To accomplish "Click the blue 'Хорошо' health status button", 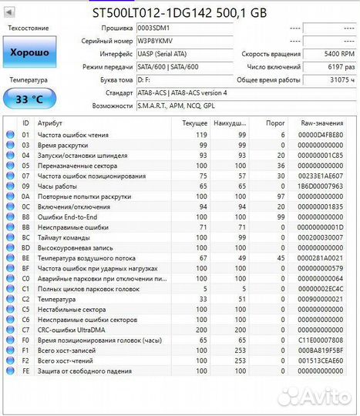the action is point(29,52).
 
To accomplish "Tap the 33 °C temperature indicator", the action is point(29,99).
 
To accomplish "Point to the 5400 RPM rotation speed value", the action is point(340,54).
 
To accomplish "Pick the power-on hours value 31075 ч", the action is point(341,79).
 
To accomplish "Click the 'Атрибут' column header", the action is point(51,123).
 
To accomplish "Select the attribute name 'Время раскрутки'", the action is point(62,145).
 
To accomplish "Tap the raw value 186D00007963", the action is point(321,186).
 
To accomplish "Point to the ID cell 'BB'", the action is point(25,228).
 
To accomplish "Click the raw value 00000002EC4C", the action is point(321,288).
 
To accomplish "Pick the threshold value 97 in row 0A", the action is point(280,196).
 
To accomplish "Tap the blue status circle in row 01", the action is point(10,134).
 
